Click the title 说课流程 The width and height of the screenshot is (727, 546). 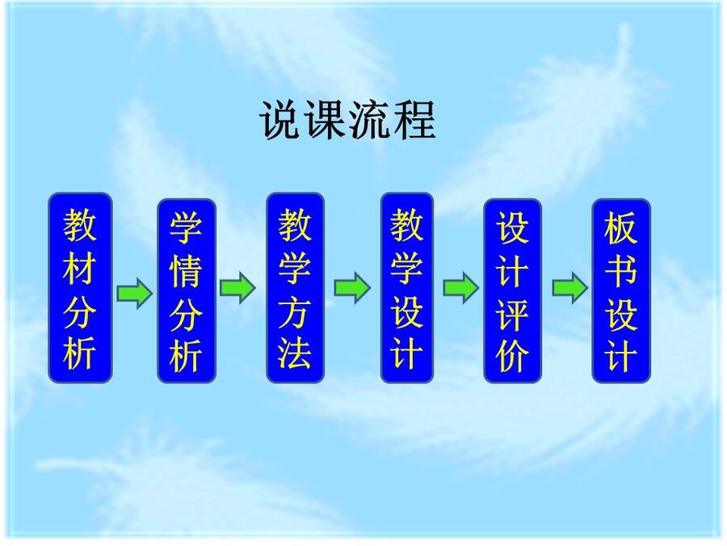point(347,120)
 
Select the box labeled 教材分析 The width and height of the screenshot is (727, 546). point(81,288)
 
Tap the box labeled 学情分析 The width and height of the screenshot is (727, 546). point(187,291)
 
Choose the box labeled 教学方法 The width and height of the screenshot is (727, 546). point(295,288)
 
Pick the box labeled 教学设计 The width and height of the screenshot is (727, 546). point(406,288)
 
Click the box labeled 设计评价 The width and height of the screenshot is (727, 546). point(513,291)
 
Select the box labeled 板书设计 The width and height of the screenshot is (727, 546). point(621,291)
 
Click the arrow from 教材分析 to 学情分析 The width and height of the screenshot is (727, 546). point(134,293)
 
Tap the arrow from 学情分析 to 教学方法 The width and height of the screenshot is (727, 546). point(237,288)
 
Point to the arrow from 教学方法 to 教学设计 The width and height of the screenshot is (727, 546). point(352,288)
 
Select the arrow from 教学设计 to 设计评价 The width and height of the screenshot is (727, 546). point(461,288)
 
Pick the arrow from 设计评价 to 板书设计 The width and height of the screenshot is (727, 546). point(569,288)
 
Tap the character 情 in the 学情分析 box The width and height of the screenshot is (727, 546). point(187,272)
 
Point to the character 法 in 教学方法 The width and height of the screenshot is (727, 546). point(295,353)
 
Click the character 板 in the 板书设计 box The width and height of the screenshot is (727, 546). point(621,227)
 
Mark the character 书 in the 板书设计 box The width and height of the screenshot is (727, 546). point(621,271)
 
